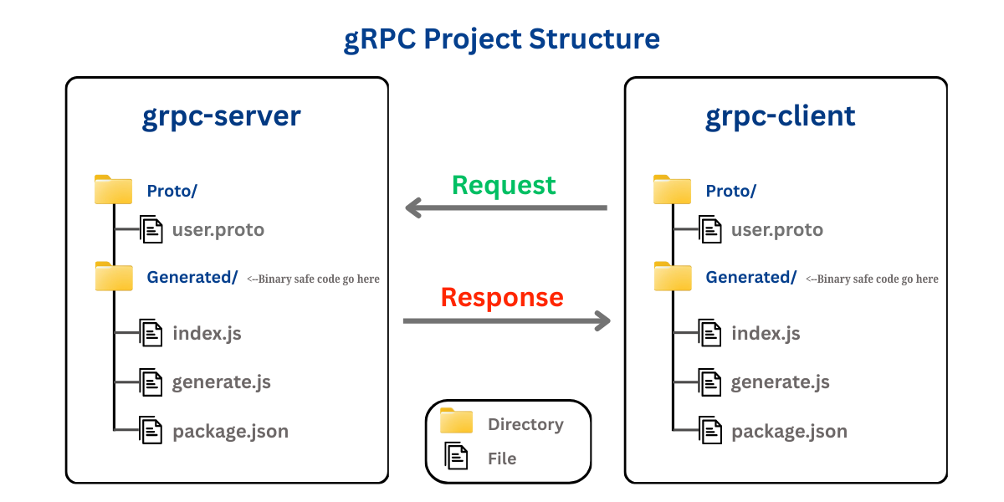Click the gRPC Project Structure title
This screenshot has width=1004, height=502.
click(x=501, y=39)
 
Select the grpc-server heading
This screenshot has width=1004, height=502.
click(x=222, y=116)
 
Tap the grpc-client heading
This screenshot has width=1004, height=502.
click(x=781, y=115)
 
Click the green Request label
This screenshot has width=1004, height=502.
click(x=504, y=186)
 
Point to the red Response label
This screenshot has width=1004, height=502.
click(x=502, y=297)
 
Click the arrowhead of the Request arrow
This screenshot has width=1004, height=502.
click(x=413, y=208)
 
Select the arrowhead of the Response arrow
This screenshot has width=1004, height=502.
click(x=602, y=321)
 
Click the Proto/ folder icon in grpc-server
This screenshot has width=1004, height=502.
click(x=114, y=190)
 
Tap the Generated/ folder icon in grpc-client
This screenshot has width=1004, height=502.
click(x=673, y=277)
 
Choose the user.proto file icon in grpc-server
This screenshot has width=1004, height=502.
click(x=151, y=229)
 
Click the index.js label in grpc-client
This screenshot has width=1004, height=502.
click(x=766, y=334)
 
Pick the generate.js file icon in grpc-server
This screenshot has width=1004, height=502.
click(x=151, y=382)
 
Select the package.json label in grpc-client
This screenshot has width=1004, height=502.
click(x=789, y=432)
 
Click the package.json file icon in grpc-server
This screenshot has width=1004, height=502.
click(x=151, y=430)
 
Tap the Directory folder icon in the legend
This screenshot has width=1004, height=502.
click(x=456, y=421)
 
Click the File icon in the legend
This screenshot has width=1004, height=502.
click(x=456, y=456)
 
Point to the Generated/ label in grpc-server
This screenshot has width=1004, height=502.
click(x=192, y=278)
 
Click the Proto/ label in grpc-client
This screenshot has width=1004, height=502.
click(x=731, y=191)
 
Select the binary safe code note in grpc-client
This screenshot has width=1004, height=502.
click(x=872, y=279)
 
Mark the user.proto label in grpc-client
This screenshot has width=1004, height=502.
click(x=777, y=230)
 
